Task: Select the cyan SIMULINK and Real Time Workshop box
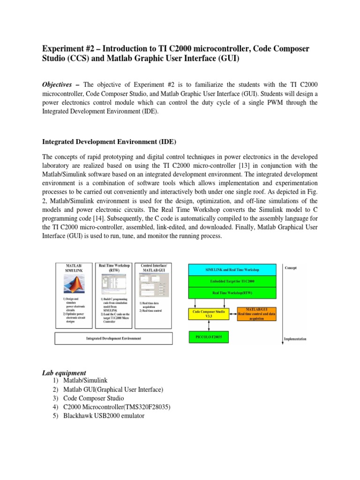pos(232,270)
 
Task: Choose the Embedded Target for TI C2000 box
pos(232,282)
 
